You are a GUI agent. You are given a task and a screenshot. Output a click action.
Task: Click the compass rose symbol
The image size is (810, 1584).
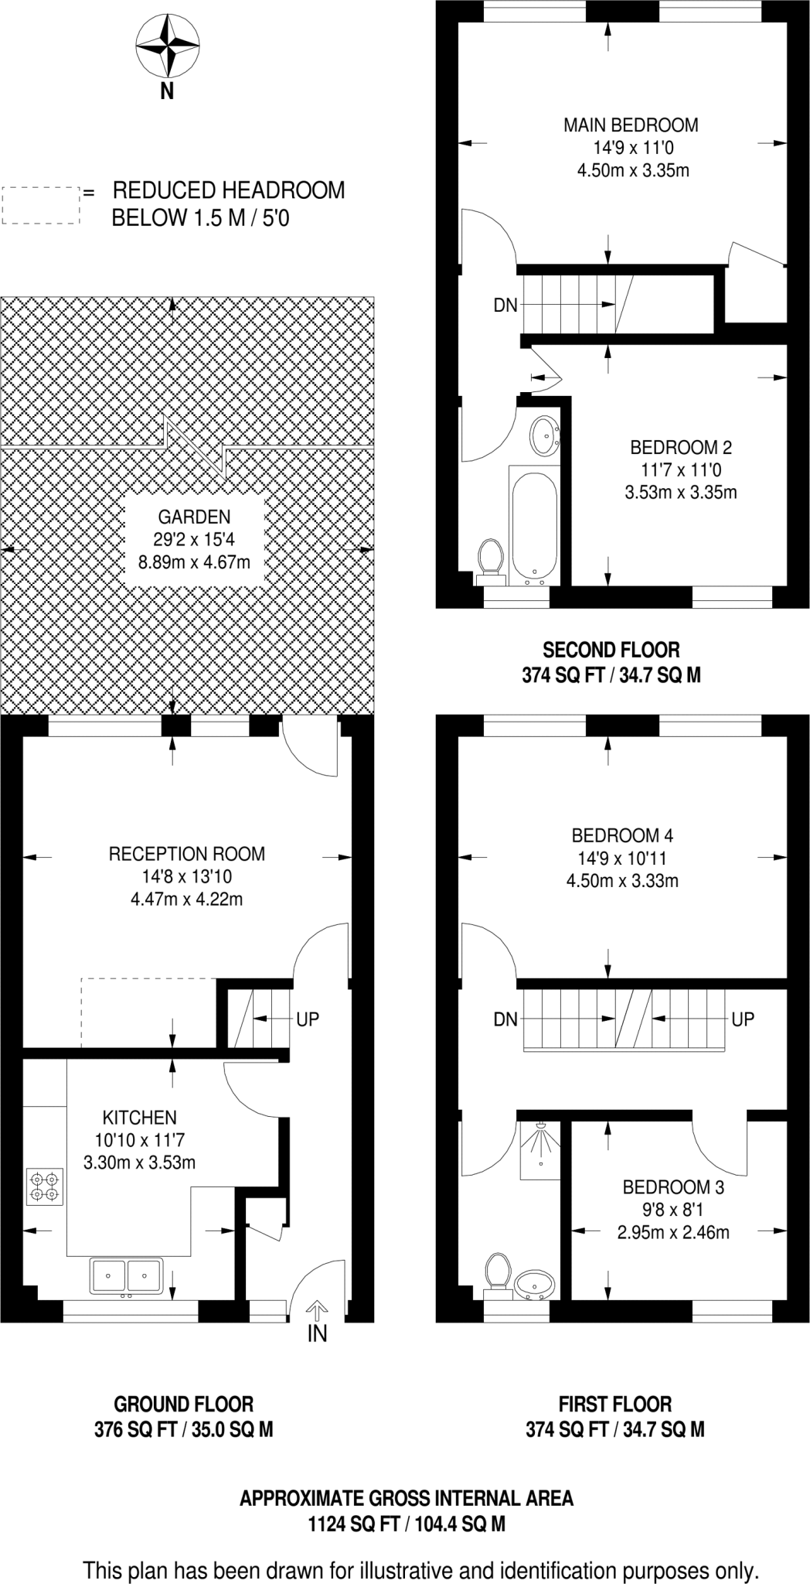(166, 47)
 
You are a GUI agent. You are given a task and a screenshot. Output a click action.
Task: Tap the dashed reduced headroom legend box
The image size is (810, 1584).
(41, 206)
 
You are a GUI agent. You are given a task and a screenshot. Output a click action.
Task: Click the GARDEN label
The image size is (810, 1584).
(194, 517)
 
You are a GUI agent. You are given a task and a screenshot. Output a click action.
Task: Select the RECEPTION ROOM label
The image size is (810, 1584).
(186, 854)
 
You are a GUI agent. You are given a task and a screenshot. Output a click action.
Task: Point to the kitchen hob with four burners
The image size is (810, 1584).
(44, 1187)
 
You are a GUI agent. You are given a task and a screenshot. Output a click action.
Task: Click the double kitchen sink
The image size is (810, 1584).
(126, 1275)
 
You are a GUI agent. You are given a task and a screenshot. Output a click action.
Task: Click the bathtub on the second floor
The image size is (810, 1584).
(533, 524)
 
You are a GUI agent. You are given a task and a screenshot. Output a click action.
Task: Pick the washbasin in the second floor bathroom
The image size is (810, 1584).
(544, 435)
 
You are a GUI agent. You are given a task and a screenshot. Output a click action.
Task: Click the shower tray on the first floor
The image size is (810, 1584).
(539, 1150)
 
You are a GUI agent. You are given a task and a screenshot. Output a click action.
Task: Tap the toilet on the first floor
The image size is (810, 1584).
(498, 1274)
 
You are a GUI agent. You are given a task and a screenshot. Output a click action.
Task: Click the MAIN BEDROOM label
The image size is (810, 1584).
(631, 125)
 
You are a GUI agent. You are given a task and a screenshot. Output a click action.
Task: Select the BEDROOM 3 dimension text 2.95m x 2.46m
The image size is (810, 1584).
(673, 1232)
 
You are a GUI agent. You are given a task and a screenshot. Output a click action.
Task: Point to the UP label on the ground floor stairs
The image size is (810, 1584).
(308, 1019)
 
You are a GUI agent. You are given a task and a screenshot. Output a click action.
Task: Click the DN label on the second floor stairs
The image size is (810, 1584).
(505, 306)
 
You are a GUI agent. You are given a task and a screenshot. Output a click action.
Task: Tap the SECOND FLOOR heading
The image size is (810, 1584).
(611, 650)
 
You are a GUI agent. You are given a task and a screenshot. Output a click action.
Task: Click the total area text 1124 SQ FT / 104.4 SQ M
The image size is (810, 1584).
(407, 1524)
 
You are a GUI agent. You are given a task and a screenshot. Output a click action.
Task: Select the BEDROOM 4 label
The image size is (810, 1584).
(622, 835)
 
